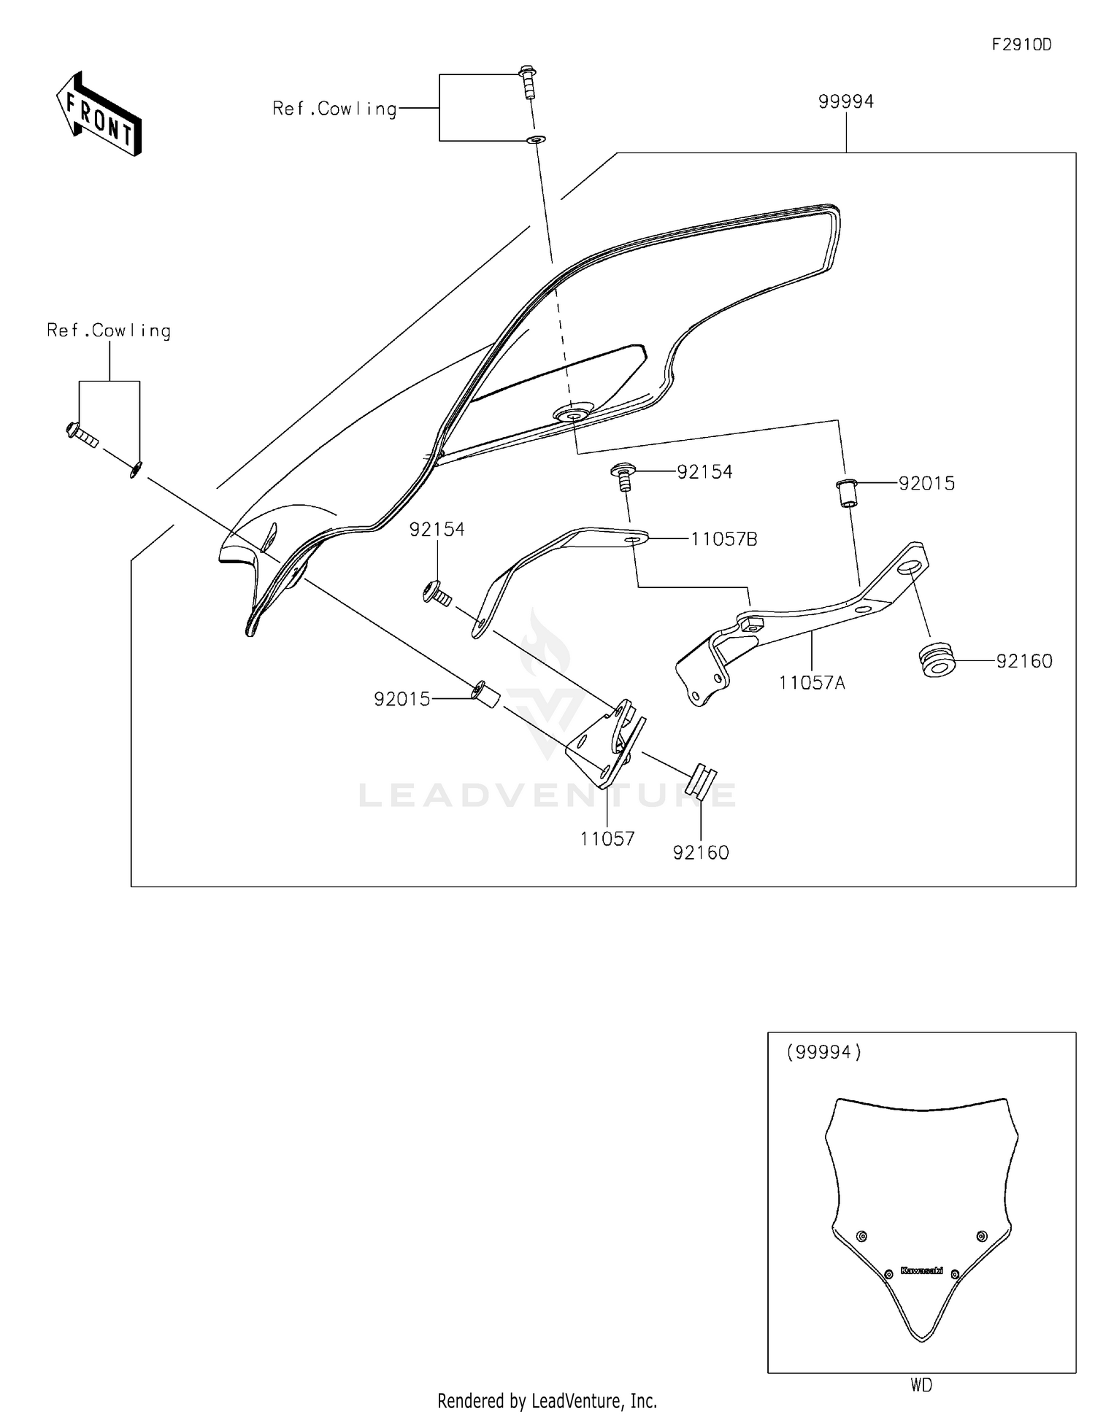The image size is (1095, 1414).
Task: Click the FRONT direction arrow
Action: pyautogui.click(x=99, y=115)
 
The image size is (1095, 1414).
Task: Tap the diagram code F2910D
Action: pyautogui.click(x=1021, y=45)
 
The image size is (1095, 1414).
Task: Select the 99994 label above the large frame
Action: pyautogui.click(x=845, y=101)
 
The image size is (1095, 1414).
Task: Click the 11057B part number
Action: pyautogui.click(x=723, y=539)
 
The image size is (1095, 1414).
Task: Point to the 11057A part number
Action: pyautogui.click(x=812, y=683)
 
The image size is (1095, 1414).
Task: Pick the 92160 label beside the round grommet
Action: pyautogui.click(x=1024, y=661)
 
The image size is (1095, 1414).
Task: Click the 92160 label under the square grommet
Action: pyautogui.click(x=701, y=852)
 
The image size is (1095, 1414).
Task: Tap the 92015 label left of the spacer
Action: pyautogui.click(x=402, y=699)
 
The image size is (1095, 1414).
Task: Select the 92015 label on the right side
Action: pyautogui.click(x=926, y=483)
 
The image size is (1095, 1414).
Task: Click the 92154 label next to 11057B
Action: pyautogui.click(x=704, y=472)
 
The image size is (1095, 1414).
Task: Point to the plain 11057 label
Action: pyautogui.click(x=607, y=839)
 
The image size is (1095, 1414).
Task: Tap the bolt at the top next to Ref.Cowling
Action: pyautogui.click(x=528, y=82)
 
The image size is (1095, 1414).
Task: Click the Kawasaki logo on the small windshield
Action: pyautogui.click(x=921, y=1270)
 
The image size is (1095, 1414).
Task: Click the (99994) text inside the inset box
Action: pyautogui.click(x=823, y=1051)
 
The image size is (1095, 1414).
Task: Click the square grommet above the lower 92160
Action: pyautogui.click(x=699, y=782)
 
